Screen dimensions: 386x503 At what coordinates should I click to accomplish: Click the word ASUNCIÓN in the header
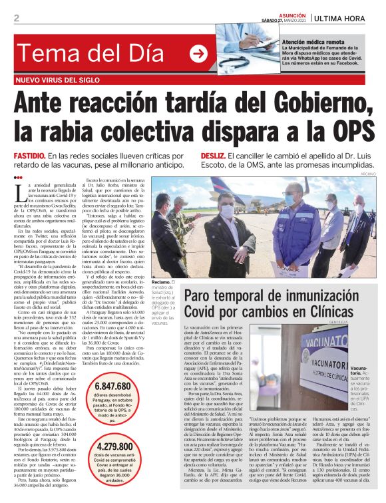(289, 13)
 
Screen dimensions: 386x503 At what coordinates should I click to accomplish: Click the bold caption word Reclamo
(162, 282)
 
